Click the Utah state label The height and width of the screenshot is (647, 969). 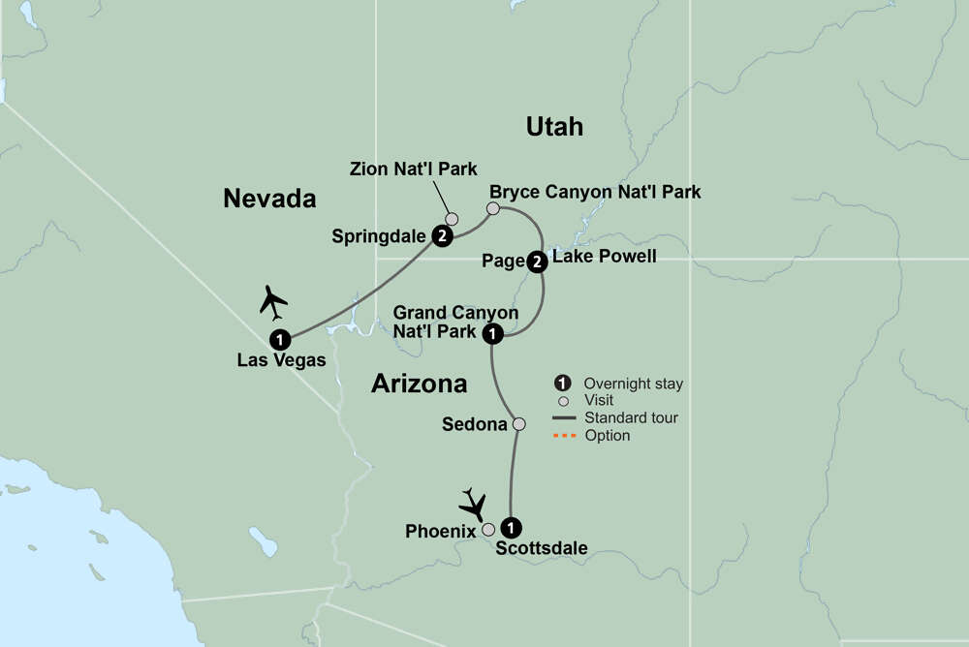pos(554,126)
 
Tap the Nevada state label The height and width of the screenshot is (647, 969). pos(269,199)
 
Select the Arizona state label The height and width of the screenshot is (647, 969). pos(419,384)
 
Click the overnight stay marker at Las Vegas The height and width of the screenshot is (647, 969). pos(279,339)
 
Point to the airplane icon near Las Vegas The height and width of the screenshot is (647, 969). pos(273,302)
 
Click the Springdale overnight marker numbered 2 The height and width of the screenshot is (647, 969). pos(442,235)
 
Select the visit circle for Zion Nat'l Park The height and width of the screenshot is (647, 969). pos(452,219)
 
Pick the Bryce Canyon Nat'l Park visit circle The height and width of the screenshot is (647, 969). pos(493,208)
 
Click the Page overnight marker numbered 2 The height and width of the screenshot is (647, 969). pos(538,260)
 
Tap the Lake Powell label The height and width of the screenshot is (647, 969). pos(605,257)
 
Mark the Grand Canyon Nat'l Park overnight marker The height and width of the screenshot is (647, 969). pos(492,334)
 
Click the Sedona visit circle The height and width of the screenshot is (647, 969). pos(518,423)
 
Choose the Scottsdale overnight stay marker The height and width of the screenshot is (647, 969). pos(513,528)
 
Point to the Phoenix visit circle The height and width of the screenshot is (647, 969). pos(488,529)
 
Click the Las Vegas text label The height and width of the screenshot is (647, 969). pos(281,360)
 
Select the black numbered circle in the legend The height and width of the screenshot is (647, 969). pos(559,384)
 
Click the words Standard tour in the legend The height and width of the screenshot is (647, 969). pos(631,418)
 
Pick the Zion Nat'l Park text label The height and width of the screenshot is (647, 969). pos(414,169)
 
